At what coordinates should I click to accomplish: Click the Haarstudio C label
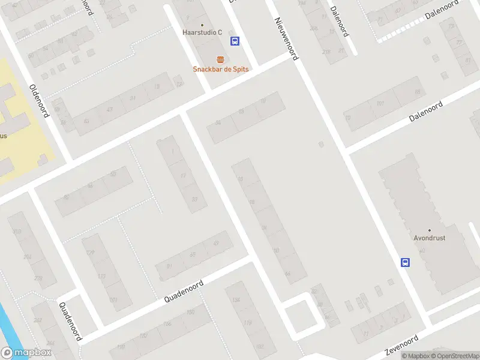click(202, 32)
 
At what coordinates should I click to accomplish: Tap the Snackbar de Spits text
click(220, 69)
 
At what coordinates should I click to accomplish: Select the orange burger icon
click(221, 59)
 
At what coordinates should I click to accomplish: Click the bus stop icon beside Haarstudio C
click(235, 41)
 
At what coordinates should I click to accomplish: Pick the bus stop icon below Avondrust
click(406, 262)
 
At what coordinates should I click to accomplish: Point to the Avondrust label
click(430, 238)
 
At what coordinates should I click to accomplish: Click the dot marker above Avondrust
click(430, 230)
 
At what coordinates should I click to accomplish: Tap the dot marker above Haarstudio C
click(202, 25)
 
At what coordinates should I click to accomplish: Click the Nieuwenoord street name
click(287, 38)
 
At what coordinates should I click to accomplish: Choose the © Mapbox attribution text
click(415, 356)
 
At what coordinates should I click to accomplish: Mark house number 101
click(380, 104)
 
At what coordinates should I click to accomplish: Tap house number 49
click(215, 244)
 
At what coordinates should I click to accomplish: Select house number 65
click(193, 255)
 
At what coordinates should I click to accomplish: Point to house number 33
click(194, 199)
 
